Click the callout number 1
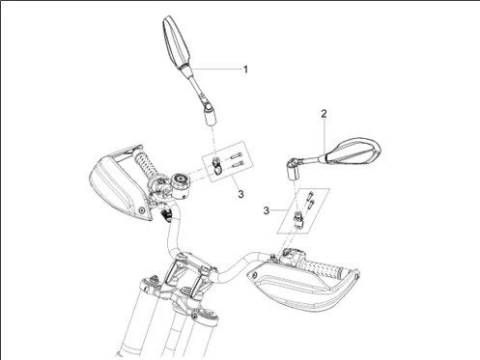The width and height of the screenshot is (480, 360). [245, 69]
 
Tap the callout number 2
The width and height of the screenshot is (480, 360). [324, 114]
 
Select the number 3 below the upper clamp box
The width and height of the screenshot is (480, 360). [240, 194]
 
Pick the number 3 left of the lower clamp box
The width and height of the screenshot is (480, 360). [267, 211]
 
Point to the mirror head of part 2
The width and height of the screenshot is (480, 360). [353, 152]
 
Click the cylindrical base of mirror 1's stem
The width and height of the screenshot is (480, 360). [211, 116]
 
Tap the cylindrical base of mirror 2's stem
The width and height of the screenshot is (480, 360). [294, 172]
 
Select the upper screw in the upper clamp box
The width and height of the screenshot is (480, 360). [236, 156]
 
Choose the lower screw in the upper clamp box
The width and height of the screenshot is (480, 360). [238, 165]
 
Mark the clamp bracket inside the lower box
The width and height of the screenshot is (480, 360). [298, 219]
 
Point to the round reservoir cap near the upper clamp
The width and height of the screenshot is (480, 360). [181, 182]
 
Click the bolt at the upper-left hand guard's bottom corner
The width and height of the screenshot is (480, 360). [141, 210]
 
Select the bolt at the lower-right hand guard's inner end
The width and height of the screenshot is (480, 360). [255, 275]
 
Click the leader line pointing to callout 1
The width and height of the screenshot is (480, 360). [216, 69]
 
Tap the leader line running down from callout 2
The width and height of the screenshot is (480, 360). [325, 136]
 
